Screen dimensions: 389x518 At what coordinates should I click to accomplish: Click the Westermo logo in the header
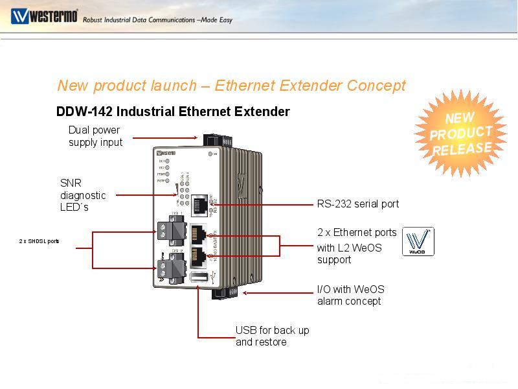44,16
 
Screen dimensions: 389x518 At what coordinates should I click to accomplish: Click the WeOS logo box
418,241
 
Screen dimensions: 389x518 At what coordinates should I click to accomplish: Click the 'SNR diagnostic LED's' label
83,195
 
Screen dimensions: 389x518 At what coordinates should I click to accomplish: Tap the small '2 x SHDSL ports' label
39,241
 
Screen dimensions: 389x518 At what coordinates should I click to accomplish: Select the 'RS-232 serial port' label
358,204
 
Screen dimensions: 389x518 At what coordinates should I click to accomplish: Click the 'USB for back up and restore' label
272,336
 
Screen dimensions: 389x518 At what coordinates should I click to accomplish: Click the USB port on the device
199,279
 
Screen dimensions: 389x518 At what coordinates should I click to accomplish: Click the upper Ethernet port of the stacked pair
199,233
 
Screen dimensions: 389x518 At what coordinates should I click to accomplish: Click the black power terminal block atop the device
214,141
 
